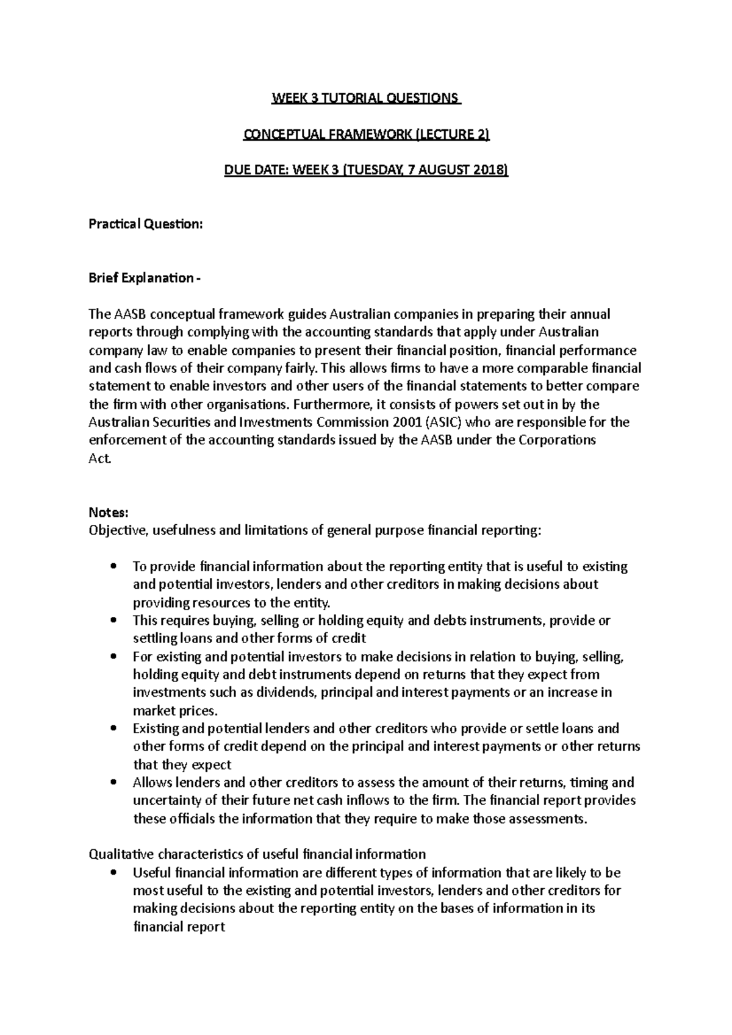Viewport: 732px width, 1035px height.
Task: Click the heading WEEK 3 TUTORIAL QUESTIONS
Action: pos(365,98)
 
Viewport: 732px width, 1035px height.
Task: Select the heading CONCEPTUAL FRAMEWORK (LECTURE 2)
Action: pos(366,135)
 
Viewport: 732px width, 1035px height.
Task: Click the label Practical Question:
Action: pos(145,224)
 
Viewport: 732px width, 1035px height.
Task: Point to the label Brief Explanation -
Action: pos(143,278)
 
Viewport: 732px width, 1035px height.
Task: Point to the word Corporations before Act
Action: pos(557,440)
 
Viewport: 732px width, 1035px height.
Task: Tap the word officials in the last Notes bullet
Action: pos(186,819)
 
